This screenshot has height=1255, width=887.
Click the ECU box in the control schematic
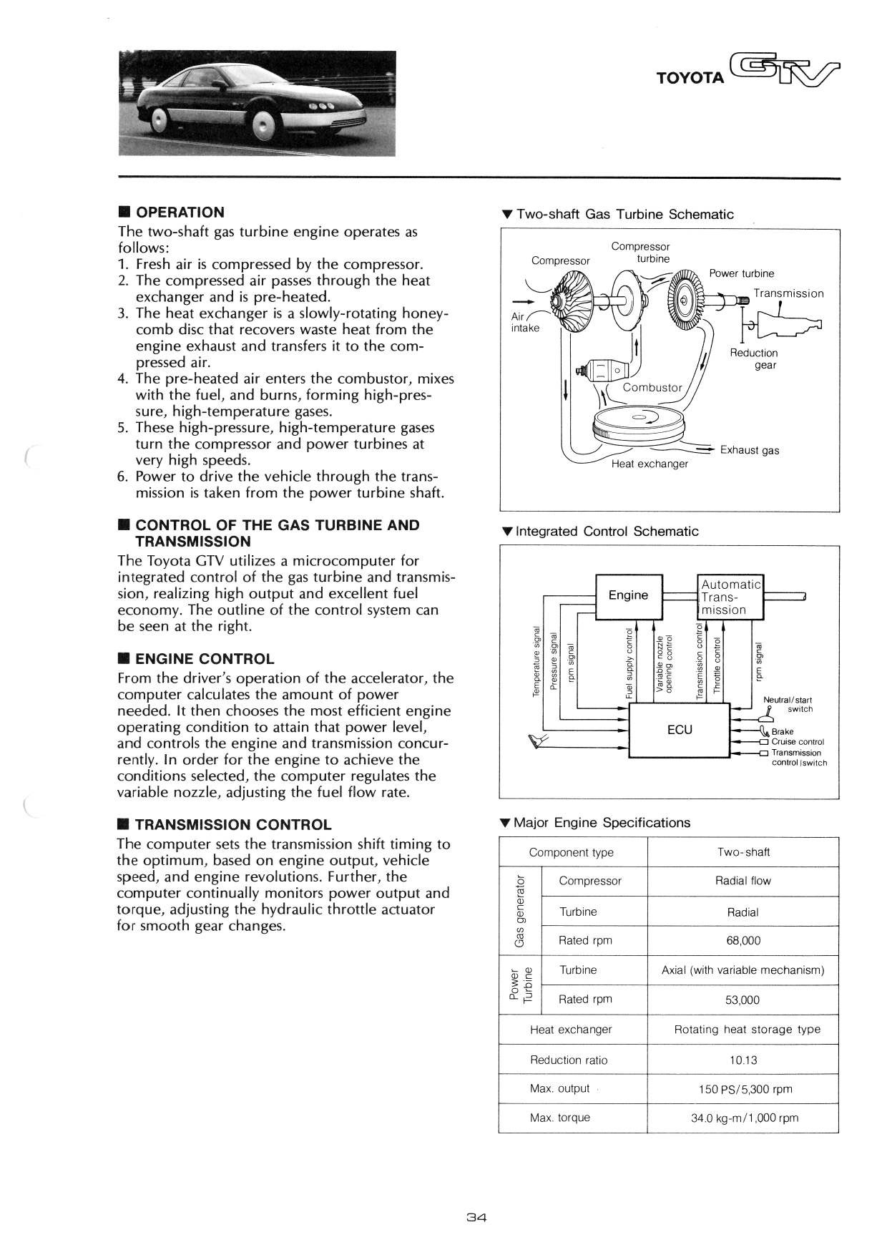click(679, 730)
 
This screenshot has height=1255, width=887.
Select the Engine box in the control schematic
click(628, 595)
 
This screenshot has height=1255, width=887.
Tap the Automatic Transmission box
click(730, 597)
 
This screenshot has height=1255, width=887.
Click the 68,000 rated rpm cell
click(743, 941)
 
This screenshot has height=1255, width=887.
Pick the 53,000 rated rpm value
click(743, 1000)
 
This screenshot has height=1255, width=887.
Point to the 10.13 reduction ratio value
click(743, 1060)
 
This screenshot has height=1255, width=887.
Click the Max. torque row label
click(560, 1118)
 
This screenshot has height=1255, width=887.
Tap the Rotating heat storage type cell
click(747, 1030)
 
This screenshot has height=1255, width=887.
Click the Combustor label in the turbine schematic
click(652, 388)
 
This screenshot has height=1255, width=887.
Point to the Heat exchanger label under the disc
click(650, 464)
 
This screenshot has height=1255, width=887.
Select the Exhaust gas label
click(750, 451)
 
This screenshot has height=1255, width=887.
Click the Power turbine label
click(741, 273)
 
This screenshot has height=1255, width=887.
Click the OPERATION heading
click(180, 213)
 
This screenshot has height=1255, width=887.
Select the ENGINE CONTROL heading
click(204, 659)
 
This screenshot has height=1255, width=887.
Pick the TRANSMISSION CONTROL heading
click(232, 825)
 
